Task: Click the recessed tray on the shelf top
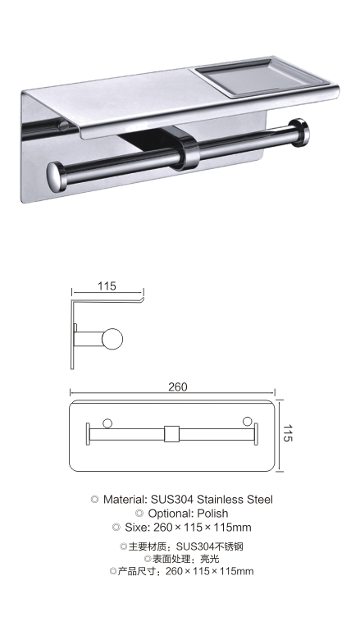pos(262,78)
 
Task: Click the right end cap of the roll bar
pos(300,132)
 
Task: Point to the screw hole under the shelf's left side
pos(63,126)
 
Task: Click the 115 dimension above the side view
pos(107,286)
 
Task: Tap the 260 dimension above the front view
pos(177,386)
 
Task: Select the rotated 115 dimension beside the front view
pos(287,432)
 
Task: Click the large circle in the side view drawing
pos(112,339)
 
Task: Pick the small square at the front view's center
pos(171,434)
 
